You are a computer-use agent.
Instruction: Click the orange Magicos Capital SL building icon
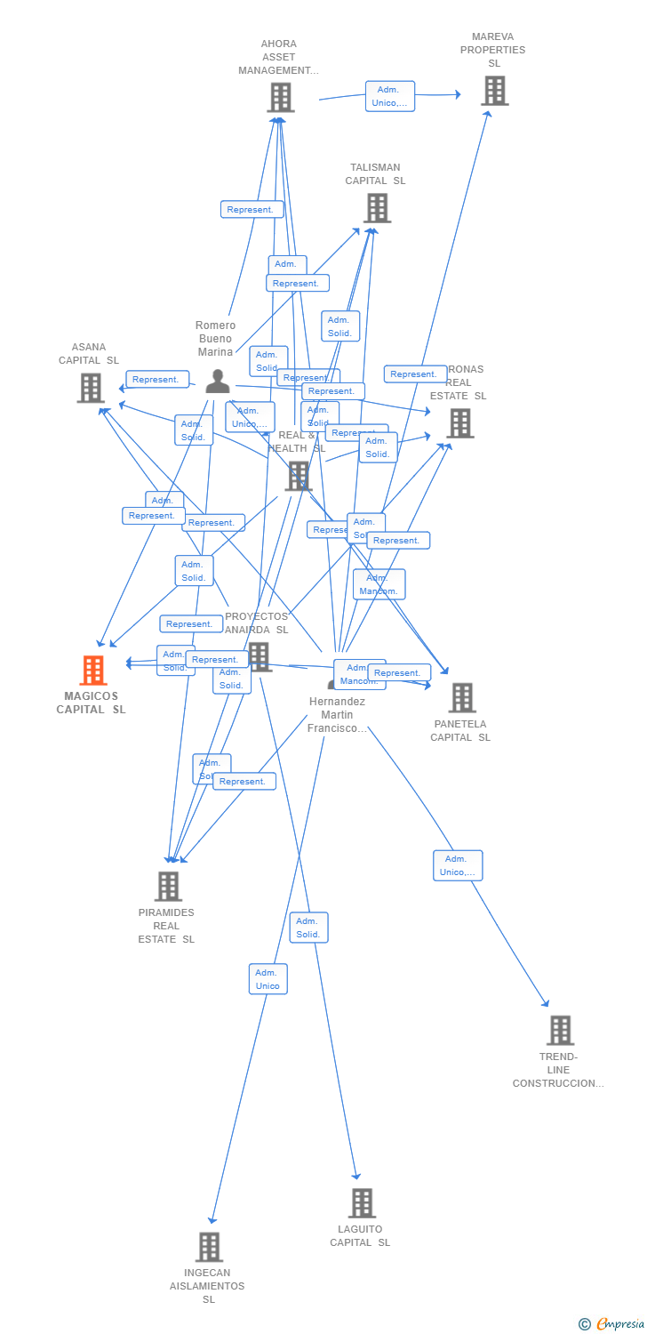[x=93, y=671]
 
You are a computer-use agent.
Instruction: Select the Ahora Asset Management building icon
[x=280, y=97]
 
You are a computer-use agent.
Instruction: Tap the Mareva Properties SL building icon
[x=494, y=91]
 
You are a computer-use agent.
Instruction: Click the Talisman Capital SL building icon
[x=377, y=208]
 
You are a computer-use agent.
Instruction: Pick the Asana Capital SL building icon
[x=91, y=388]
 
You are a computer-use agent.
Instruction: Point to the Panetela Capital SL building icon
[x=462, y=698]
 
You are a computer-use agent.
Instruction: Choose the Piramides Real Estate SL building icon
[x=168, y=886]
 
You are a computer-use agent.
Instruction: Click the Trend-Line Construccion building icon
[x=560, y=1030]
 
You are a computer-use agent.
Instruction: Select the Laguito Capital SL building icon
[x=361, y=1202]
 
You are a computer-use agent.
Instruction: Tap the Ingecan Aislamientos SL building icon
[x=209, y=1246]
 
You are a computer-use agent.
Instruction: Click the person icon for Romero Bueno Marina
[x=218, y=382]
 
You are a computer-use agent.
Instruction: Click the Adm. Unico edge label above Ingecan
[x=268, y=979]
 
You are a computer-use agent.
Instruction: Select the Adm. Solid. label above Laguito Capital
[x=308, y=928]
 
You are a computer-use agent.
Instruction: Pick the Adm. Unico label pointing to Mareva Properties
[x=390, y=96]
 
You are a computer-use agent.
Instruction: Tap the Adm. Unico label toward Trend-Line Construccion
[x=458, y=865]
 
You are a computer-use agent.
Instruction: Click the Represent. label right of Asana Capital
[x=157, y=380]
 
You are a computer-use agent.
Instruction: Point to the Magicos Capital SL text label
[x=91, y=703]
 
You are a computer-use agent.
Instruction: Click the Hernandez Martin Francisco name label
[x=337, y=715]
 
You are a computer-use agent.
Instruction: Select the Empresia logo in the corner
[x=612, y=1323]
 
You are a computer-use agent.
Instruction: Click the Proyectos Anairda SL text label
[x=257, y=623]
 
